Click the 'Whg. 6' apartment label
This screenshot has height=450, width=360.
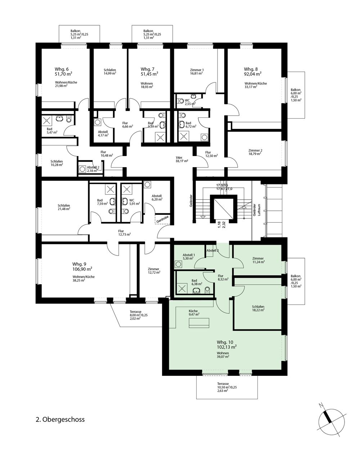pyautogui.click(x=62, y=69)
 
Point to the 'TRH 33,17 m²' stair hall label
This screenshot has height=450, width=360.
pyautogui.click(x=182, y=159)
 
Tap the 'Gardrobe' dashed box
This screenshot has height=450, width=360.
pyautogui.click(x=162, y=219)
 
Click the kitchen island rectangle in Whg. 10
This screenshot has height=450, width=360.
pyautogui.click(x=199, y=323)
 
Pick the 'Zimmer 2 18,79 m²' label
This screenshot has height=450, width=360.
pyautogui.click(x=255, y=152)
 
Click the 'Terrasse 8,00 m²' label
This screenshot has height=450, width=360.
pyautogui.click(x=139, y=315)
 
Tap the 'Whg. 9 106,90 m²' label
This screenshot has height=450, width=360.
pyautogui.click(x=82, y=266)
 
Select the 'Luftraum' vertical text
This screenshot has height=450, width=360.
pyautogui.click(x=259, y=210)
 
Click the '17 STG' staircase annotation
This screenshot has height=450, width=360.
pyautogui.click(x=222, y=185)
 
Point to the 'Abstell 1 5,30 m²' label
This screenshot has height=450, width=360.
pyautogui.click(x=189, y=257)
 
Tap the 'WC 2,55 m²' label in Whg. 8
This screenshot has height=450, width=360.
pyautogui.click(x=190, y=102)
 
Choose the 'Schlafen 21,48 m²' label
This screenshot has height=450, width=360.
pyautogui.click(x=64, y=207)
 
